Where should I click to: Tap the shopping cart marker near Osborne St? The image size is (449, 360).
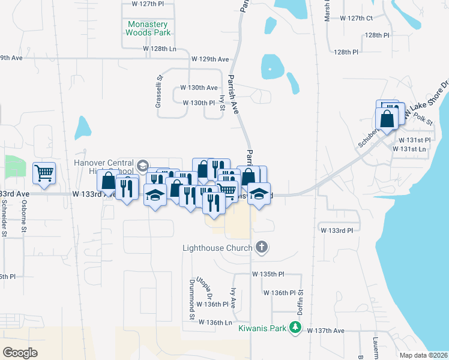click(44, 173)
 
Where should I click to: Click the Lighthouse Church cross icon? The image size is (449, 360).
click(261, 247)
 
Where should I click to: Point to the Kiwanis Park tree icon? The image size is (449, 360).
click(295, 327)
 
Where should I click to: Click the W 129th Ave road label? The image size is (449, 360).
click(210, 59)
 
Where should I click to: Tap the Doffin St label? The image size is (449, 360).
click(300, 304)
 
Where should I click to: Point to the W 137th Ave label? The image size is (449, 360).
click(325, 331)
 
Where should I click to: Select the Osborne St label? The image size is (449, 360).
click(24, 218)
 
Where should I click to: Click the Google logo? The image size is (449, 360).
click(20, 353)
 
